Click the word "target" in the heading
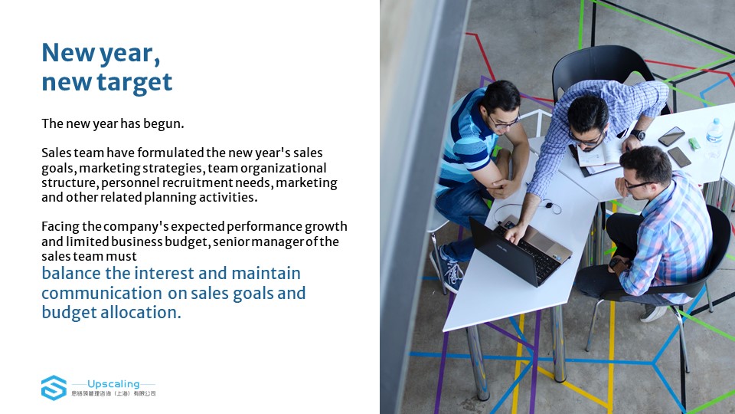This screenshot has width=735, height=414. pyautogui.click(x=135, y=82)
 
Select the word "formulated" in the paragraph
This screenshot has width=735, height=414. pyautogui.click(x=171, y=153)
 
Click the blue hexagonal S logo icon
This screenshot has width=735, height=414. pyautogui.click(x=54, y=388)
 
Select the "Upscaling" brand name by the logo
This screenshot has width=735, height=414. pyautogui.click(x=113, y=384)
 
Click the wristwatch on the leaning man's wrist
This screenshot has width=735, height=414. pyautogui.click(x=638, y=135)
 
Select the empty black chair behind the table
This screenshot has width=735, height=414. pyautogui.click(x=605, y=71)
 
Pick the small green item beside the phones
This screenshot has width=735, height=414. pyautogui.click(x=694, y=143)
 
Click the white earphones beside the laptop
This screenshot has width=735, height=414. pyautogui.click(x=548, y=205)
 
